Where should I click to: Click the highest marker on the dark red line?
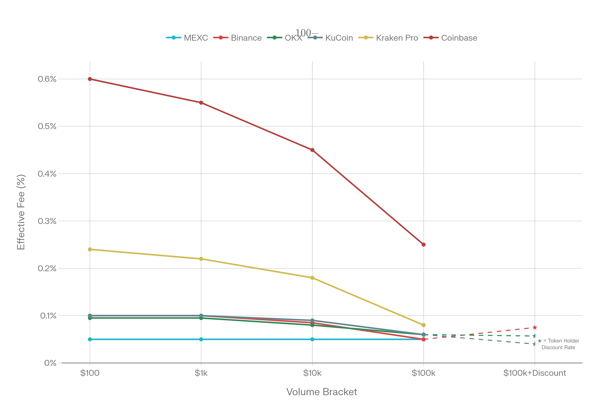point(90,79)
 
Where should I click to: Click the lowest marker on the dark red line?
point(424,245)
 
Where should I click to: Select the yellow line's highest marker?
point(90,250)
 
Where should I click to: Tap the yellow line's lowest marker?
point(424,325)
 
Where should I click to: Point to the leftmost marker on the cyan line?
point(90,339)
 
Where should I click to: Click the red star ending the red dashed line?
point(535,328)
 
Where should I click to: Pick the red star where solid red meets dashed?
point(424,340)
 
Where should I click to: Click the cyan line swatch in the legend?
point(174,38)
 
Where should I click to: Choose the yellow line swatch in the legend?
point(366,38)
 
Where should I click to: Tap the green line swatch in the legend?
point(274,38)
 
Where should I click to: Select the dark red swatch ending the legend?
point(431,38)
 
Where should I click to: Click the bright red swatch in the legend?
point(220,38)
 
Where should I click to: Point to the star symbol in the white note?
point(539,341)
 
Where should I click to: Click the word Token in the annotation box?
point(555,341)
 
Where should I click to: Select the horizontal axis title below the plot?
point(322,392)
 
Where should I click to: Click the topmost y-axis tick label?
point(47,79)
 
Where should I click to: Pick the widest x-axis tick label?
point(534,373)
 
